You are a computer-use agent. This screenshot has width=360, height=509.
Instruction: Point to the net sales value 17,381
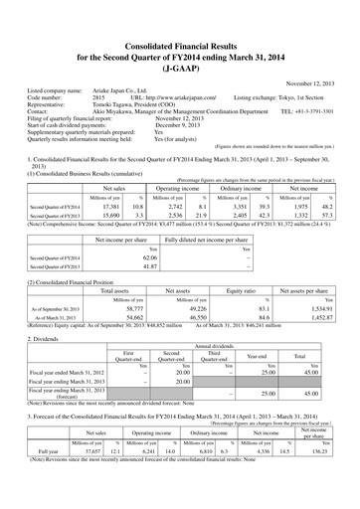coord(113,204)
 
